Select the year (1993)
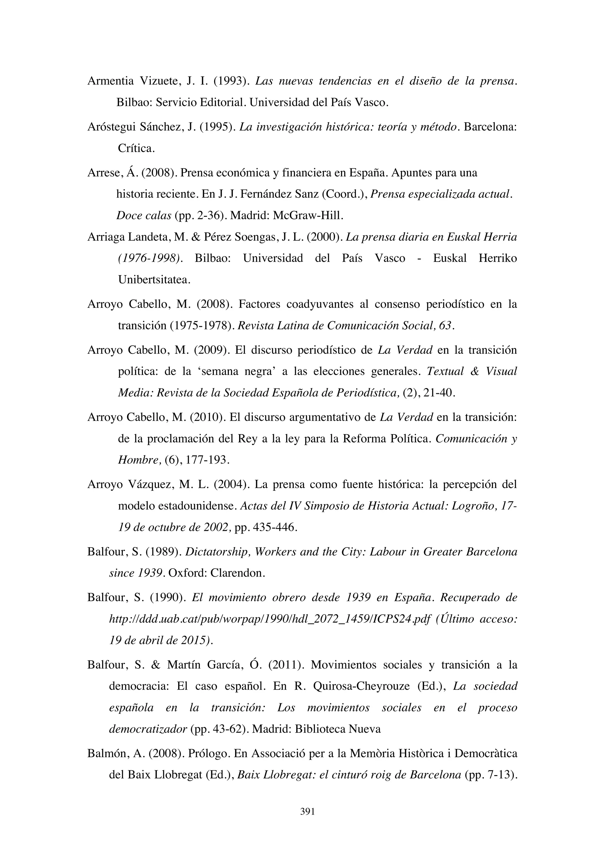(x=229, y=81)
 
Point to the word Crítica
(x=136, y=148)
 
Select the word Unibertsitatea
(x=154, y=280)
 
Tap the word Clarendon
(x=237, y=573)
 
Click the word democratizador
(x=148, y=729)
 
